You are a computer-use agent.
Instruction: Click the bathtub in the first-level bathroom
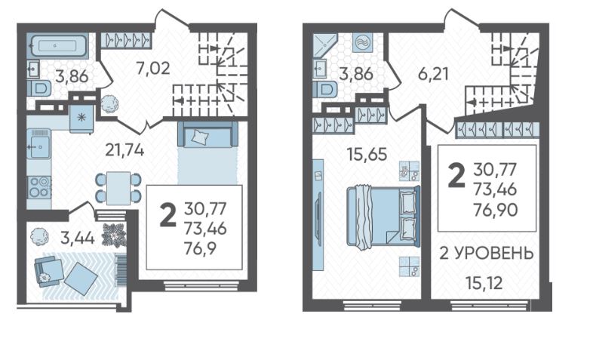tap(57, 46)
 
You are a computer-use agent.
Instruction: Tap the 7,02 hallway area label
tap(152, 69)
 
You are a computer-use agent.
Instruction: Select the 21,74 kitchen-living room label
tap(124, 150)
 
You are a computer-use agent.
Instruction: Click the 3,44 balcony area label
tap(77, 238)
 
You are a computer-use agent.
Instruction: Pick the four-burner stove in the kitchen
tap(39, 186)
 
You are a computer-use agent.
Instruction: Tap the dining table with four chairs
tap(118, 188)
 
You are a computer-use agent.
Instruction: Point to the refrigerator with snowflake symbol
tap(81, 118)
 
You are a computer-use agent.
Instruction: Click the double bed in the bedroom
tap(383, 217)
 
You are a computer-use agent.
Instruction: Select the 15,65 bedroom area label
tap(367, 155)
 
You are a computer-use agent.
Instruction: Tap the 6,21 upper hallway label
tap(434, 74)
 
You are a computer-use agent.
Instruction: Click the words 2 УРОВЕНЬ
tap(487, 254)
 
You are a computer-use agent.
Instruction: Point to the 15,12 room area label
tap(484, 283)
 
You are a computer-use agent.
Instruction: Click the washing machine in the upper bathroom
tap(363, 42)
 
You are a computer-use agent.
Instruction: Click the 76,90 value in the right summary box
tap(495, 210)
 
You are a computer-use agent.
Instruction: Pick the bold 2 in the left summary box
tap(167, 215)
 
